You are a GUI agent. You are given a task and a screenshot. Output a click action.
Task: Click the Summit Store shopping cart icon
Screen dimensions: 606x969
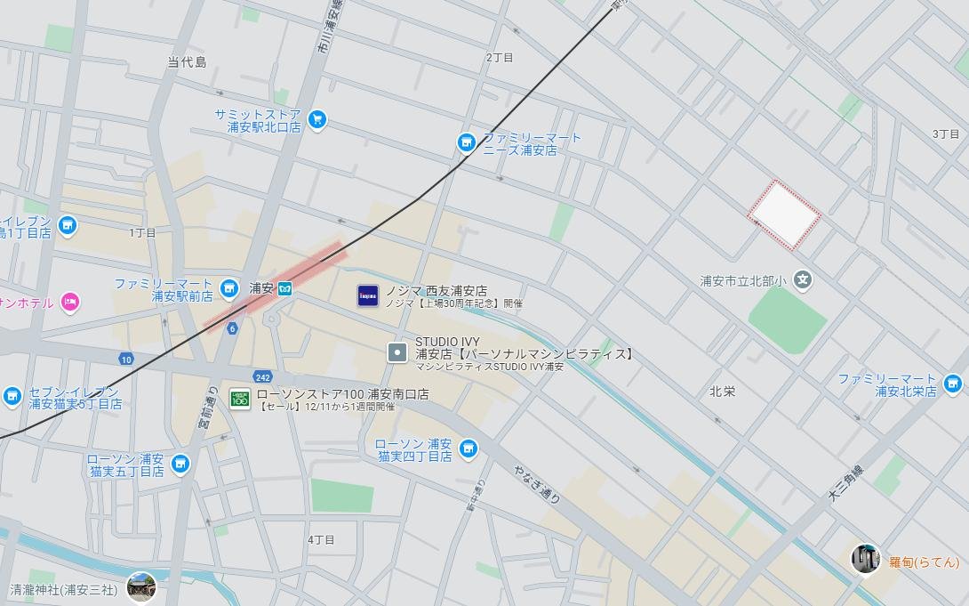pos(316,118)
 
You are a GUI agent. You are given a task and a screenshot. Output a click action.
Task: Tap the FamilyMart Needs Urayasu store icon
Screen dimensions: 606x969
pos(466,142)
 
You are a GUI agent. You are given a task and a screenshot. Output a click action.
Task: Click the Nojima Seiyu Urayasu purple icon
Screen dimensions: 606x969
pos(368,296)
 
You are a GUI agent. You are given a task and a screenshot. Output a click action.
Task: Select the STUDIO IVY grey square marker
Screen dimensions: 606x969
pos(397,352)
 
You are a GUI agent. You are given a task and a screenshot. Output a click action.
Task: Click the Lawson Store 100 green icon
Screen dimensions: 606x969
pos(240,398)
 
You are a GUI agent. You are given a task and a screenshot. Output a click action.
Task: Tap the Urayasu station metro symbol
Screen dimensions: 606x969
pos(285,288)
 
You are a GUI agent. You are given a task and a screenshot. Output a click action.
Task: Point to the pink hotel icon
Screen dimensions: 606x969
pos(70,303)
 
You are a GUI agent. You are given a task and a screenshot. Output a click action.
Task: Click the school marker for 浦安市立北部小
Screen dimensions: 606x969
pos(803,280)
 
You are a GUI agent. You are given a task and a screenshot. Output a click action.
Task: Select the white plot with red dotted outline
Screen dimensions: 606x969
pos(783,214)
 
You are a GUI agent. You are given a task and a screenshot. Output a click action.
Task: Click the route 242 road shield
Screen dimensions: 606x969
pos(261,376)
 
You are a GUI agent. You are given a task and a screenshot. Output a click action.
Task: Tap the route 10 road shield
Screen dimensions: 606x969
pos(126,359)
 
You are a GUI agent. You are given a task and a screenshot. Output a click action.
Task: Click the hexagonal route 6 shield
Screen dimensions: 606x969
pos(233,328)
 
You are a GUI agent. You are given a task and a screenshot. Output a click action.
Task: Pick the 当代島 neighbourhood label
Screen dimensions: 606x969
pos(187,62)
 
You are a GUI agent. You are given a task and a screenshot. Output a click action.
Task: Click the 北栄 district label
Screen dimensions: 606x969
pos(722,392)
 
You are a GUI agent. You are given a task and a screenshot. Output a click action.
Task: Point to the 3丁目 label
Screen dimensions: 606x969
pos(946,133)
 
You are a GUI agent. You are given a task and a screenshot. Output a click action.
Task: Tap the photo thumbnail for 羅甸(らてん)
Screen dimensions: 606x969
pos(865,558)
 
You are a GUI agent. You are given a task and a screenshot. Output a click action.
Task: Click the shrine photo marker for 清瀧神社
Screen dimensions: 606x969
pos(140,586)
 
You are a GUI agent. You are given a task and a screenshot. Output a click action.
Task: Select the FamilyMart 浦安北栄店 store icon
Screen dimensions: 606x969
pos(953,384)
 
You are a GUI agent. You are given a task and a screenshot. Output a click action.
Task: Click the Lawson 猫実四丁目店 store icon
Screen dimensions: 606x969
pos(468,448)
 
